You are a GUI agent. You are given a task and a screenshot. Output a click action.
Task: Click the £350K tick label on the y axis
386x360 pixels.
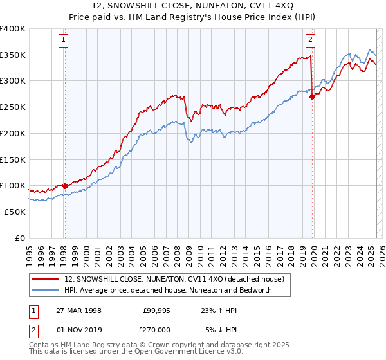coord(13,55)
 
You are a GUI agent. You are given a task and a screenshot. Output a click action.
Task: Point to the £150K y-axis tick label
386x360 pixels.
coord(13,159)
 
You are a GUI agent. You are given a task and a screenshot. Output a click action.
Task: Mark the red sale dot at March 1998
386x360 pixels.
coord(65,186)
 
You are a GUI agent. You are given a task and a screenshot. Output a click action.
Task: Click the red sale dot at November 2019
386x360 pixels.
coord(312,97)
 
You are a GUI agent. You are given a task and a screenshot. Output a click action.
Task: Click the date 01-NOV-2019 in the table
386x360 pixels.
coord(78,329)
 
